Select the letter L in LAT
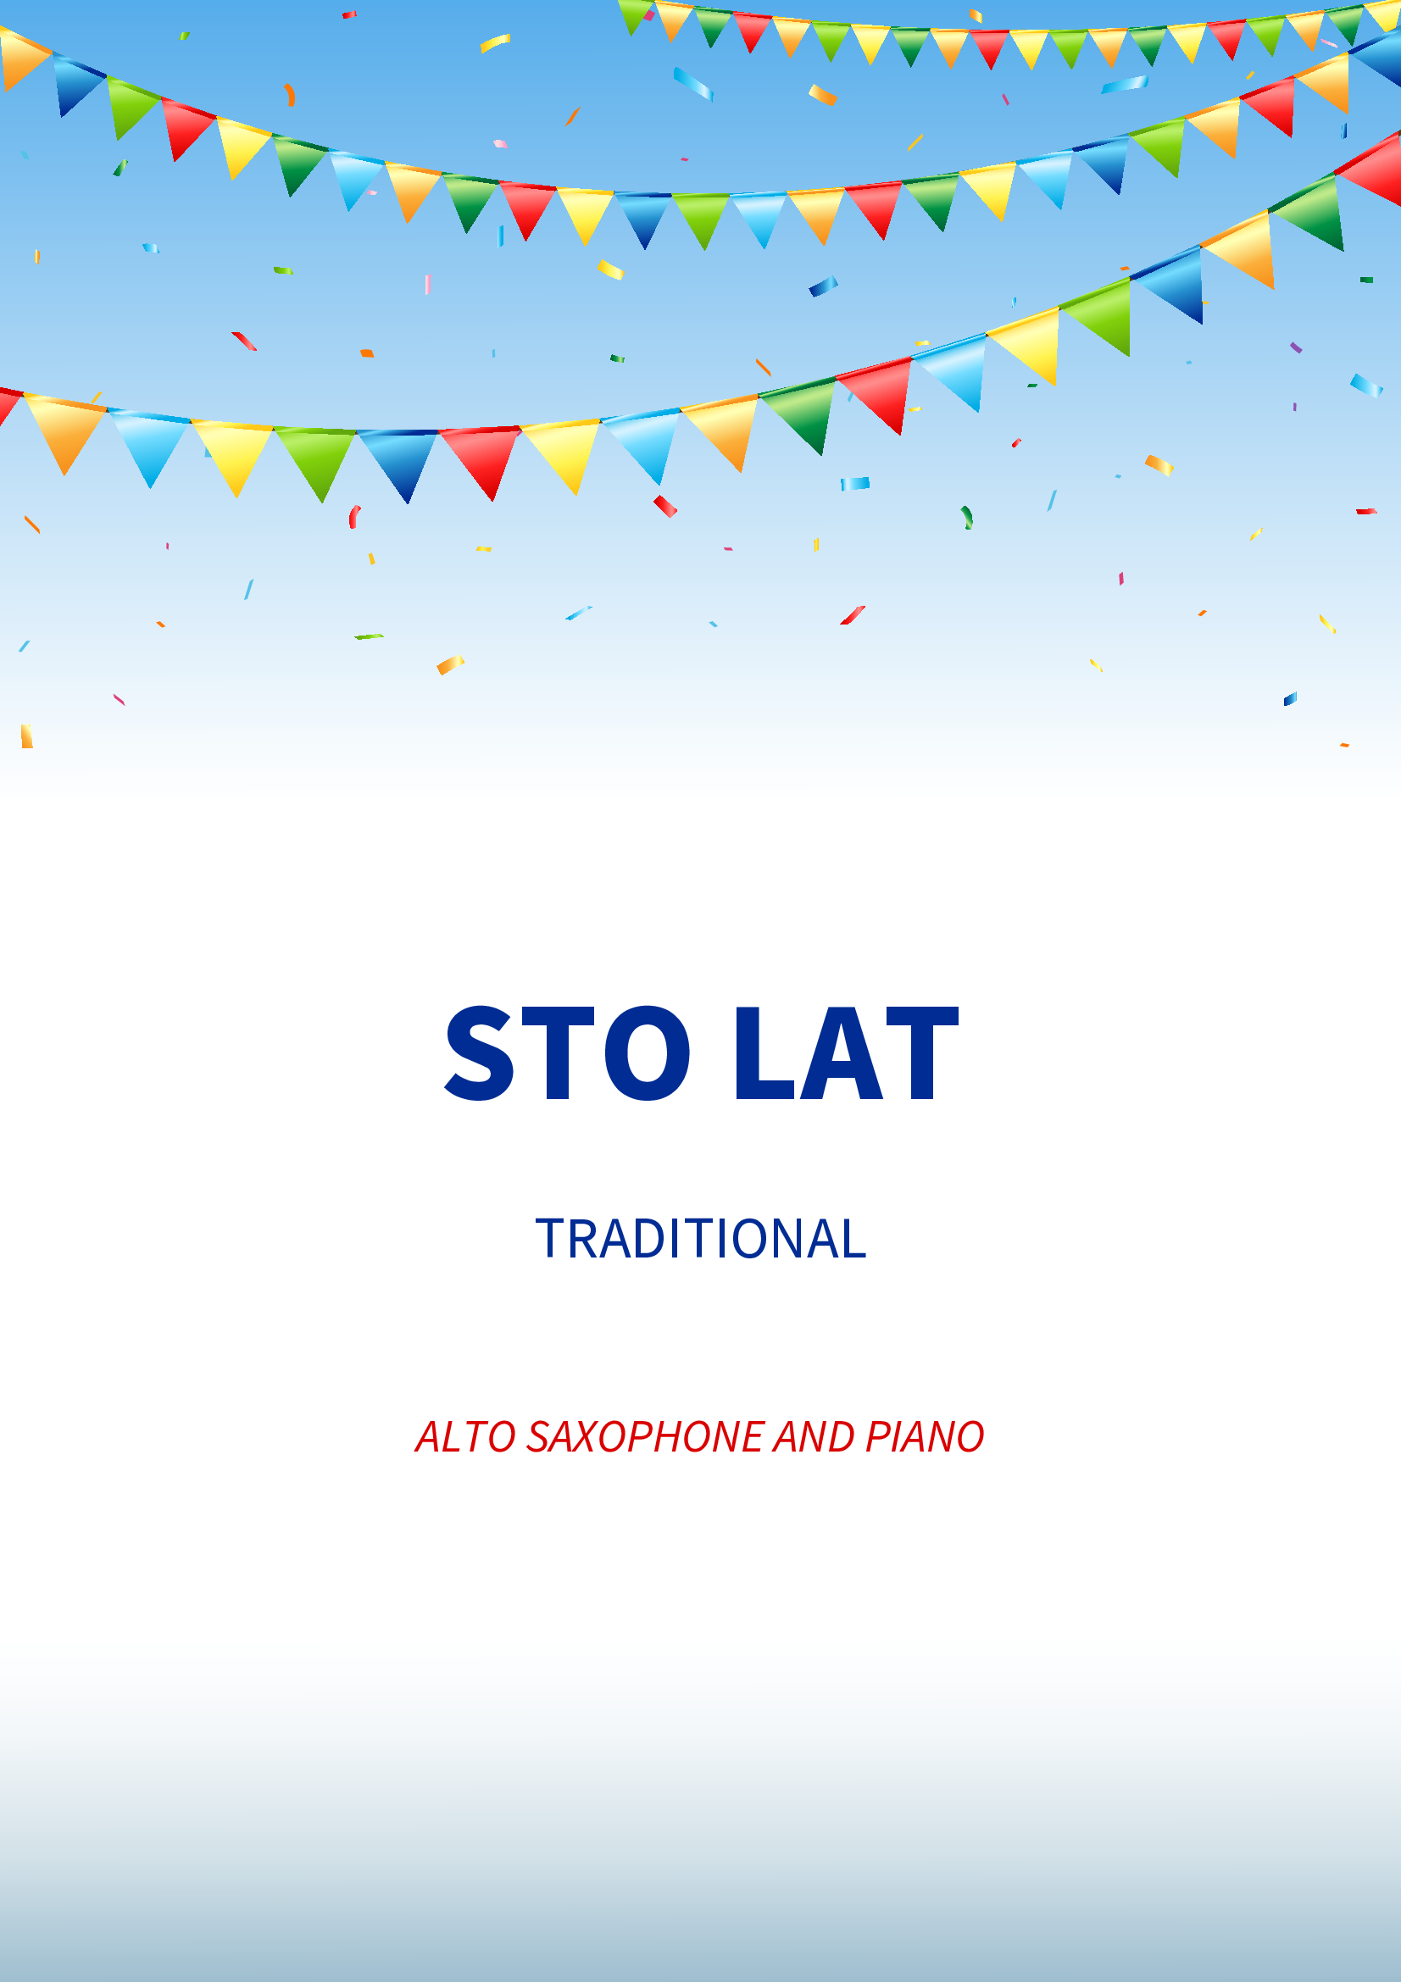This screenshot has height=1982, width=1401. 764,1053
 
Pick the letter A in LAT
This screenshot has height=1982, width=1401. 842,1053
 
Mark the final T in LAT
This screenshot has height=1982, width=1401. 923,1053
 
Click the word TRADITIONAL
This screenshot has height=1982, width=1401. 700,1239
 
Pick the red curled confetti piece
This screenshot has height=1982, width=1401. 354,516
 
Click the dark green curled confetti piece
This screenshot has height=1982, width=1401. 967,516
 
